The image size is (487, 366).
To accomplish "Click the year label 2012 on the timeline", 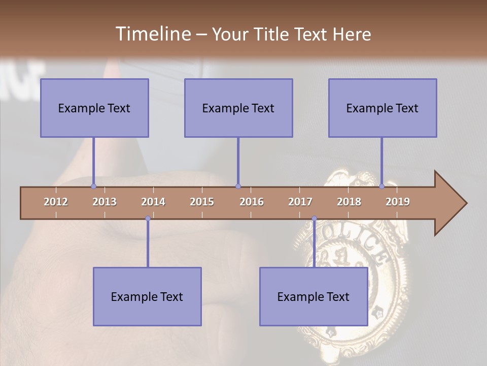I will click(56, 202).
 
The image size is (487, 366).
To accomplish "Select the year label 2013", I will click(105, 202).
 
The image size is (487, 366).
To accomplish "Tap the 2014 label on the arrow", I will click(153, 202).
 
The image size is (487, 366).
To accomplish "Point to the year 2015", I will click(202, 202).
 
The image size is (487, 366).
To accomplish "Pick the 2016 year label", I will click(252, 202).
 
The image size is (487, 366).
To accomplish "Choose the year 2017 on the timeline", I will click(300, 202).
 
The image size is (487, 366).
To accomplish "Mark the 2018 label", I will click(349, 202).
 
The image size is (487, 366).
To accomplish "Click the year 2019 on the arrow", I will click(398, 202).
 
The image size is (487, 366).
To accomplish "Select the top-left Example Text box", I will click(94, 108).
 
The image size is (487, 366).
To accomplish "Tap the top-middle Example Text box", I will click(238, 108).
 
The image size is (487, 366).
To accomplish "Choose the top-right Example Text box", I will click(382, 108).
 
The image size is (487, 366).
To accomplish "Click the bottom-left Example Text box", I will click(147, 296).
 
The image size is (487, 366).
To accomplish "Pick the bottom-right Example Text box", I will click(314, 296).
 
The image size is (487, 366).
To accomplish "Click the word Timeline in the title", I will click(153, 34).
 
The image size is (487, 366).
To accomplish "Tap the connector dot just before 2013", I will click(93, 186).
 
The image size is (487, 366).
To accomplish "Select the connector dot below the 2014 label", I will click(148, 218).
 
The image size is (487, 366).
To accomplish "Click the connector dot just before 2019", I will click(381, 186).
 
